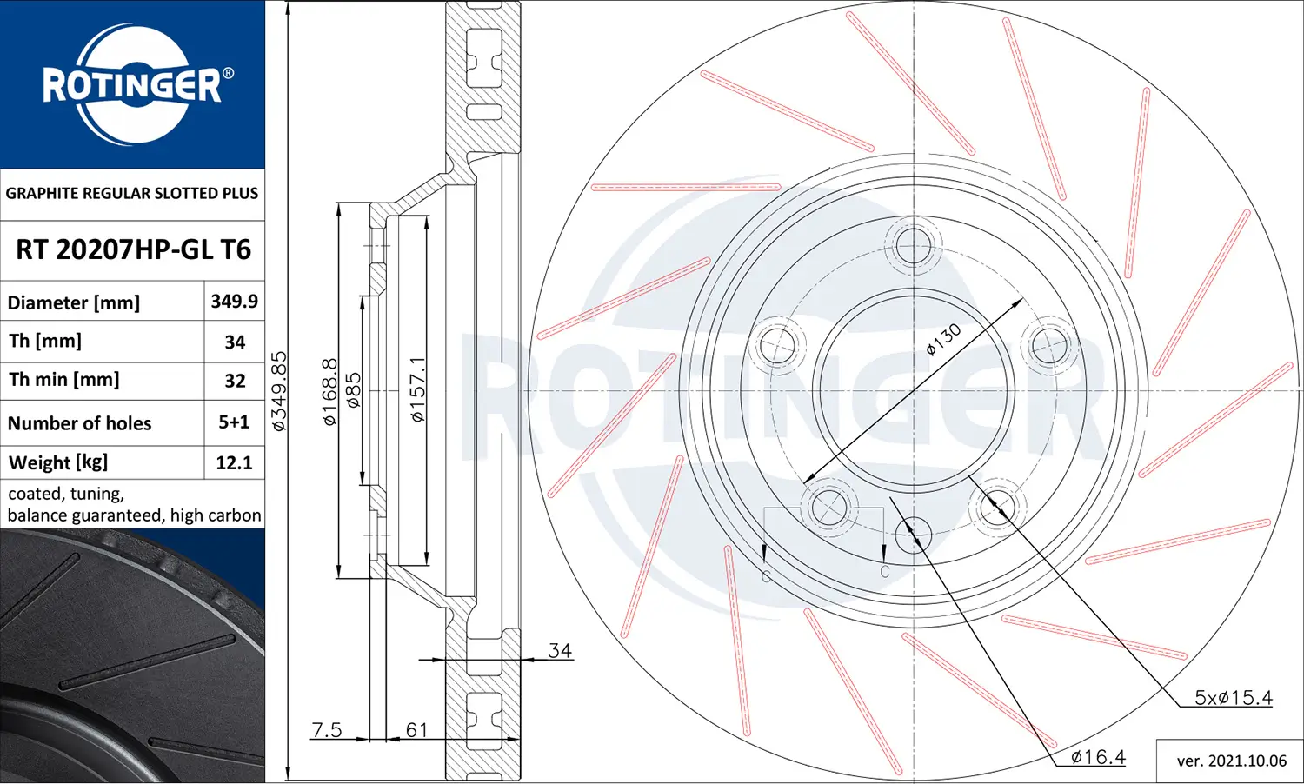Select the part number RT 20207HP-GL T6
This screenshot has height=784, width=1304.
(133, 250)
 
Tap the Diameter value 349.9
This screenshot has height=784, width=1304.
(234, 302)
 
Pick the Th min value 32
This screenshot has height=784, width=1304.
(235, 381)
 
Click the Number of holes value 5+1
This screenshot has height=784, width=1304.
(234, 422)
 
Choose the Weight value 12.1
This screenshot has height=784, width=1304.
(234, 462)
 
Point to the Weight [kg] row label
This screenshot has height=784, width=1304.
(58, 462)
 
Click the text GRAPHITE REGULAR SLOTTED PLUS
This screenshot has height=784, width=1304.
(132, 194)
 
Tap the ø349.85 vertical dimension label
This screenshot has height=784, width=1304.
(279, 391)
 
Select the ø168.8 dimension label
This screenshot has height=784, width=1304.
(329, 391)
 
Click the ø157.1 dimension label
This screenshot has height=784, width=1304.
(418, 389)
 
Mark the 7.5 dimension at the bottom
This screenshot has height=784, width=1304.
(327, 729)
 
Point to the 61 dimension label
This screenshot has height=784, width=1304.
(417, 729)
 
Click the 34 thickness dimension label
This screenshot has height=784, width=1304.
(560, 650)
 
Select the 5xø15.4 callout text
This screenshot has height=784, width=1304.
(1233, 697)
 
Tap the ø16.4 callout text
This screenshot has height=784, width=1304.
(1098, 757)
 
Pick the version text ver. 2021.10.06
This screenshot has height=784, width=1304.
(1231, 761)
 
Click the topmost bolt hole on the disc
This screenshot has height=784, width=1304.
(913, 245)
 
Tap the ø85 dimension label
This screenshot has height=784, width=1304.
(353, 391)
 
